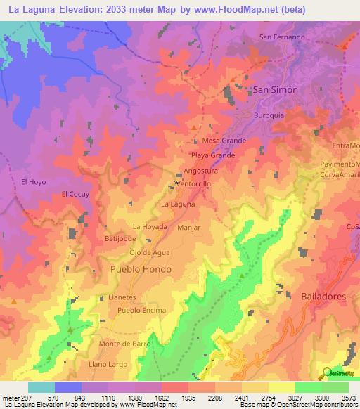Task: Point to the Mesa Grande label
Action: coord(224,141)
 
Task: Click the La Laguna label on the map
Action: coord(178,204)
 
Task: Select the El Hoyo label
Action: coord(33,182)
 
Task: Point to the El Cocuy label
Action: coord(75,194)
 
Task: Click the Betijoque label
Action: coord(120,239)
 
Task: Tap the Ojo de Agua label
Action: coord(150,252)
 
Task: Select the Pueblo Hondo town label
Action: coord(141,269)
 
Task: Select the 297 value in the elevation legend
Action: coord(23,397)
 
